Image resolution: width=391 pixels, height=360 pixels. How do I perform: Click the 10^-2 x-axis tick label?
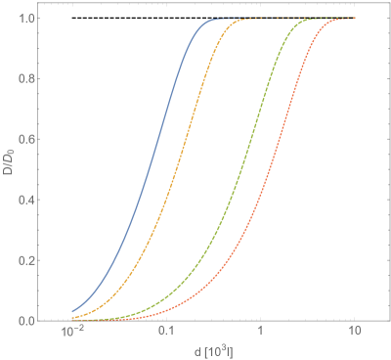click(71, 334)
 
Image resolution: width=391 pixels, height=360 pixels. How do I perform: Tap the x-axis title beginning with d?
click(213, 350)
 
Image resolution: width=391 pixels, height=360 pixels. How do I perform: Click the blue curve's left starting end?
click(72, 312)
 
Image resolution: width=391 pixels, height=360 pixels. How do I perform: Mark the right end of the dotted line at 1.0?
click(355, 19)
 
